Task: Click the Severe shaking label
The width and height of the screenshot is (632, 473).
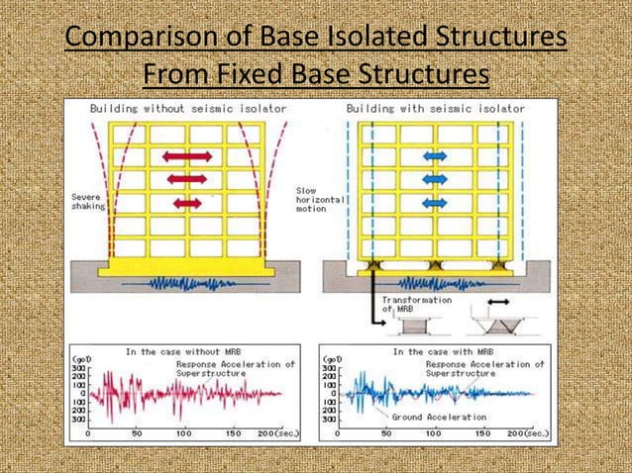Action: click(86, 202)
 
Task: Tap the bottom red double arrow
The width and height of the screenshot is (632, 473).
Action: click(187, 203)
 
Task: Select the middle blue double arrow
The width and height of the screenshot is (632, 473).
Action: click(435, 179)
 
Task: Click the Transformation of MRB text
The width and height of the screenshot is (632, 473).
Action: click(415, 304)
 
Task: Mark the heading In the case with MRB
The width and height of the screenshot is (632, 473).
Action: click(435, 351)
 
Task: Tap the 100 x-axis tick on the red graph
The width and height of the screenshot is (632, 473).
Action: click(184, 433)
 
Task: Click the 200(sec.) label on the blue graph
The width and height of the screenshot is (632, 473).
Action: click(518, 433)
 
